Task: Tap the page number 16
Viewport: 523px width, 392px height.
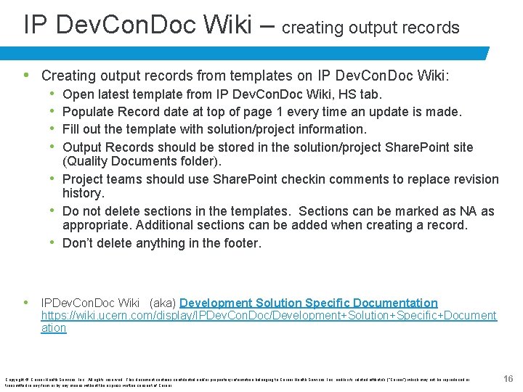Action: click(508, 379)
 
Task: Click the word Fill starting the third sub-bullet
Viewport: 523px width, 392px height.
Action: click(73, 129)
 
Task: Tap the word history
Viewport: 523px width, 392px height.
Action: click(84, 193)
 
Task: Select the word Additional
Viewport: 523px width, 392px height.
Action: click(164, 225)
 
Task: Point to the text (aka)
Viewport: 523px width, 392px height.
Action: click(161, 303)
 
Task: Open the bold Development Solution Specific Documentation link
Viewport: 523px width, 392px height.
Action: click(309, 303)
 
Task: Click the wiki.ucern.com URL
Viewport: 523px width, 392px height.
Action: click(269, 316)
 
